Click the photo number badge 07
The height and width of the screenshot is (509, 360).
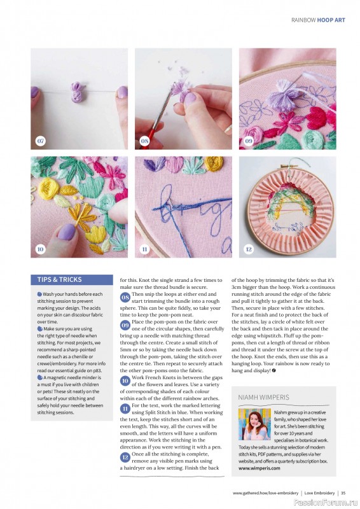(40, 141)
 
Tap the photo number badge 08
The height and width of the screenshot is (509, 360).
(144, 141)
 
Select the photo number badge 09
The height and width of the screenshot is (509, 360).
(249, 141)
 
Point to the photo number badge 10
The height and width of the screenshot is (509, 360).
(40, 249)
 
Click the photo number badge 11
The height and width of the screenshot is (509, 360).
(144, 249)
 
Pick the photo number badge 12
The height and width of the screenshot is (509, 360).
(249, 249)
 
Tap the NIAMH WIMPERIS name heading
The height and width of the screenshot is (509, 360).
(263, 397)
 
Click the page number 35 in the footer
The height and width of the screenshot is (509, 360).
(343, 492)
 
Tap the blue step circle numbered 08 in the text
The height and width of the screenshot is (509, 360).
(125, 297)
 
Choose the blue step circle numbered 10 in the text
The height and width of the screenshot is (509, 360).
(125, 380)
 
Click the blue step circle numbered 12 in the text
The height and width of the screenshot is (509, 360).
(125, 456)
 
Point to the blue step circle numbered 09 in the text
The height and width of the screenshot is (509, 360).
(125, 325)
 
